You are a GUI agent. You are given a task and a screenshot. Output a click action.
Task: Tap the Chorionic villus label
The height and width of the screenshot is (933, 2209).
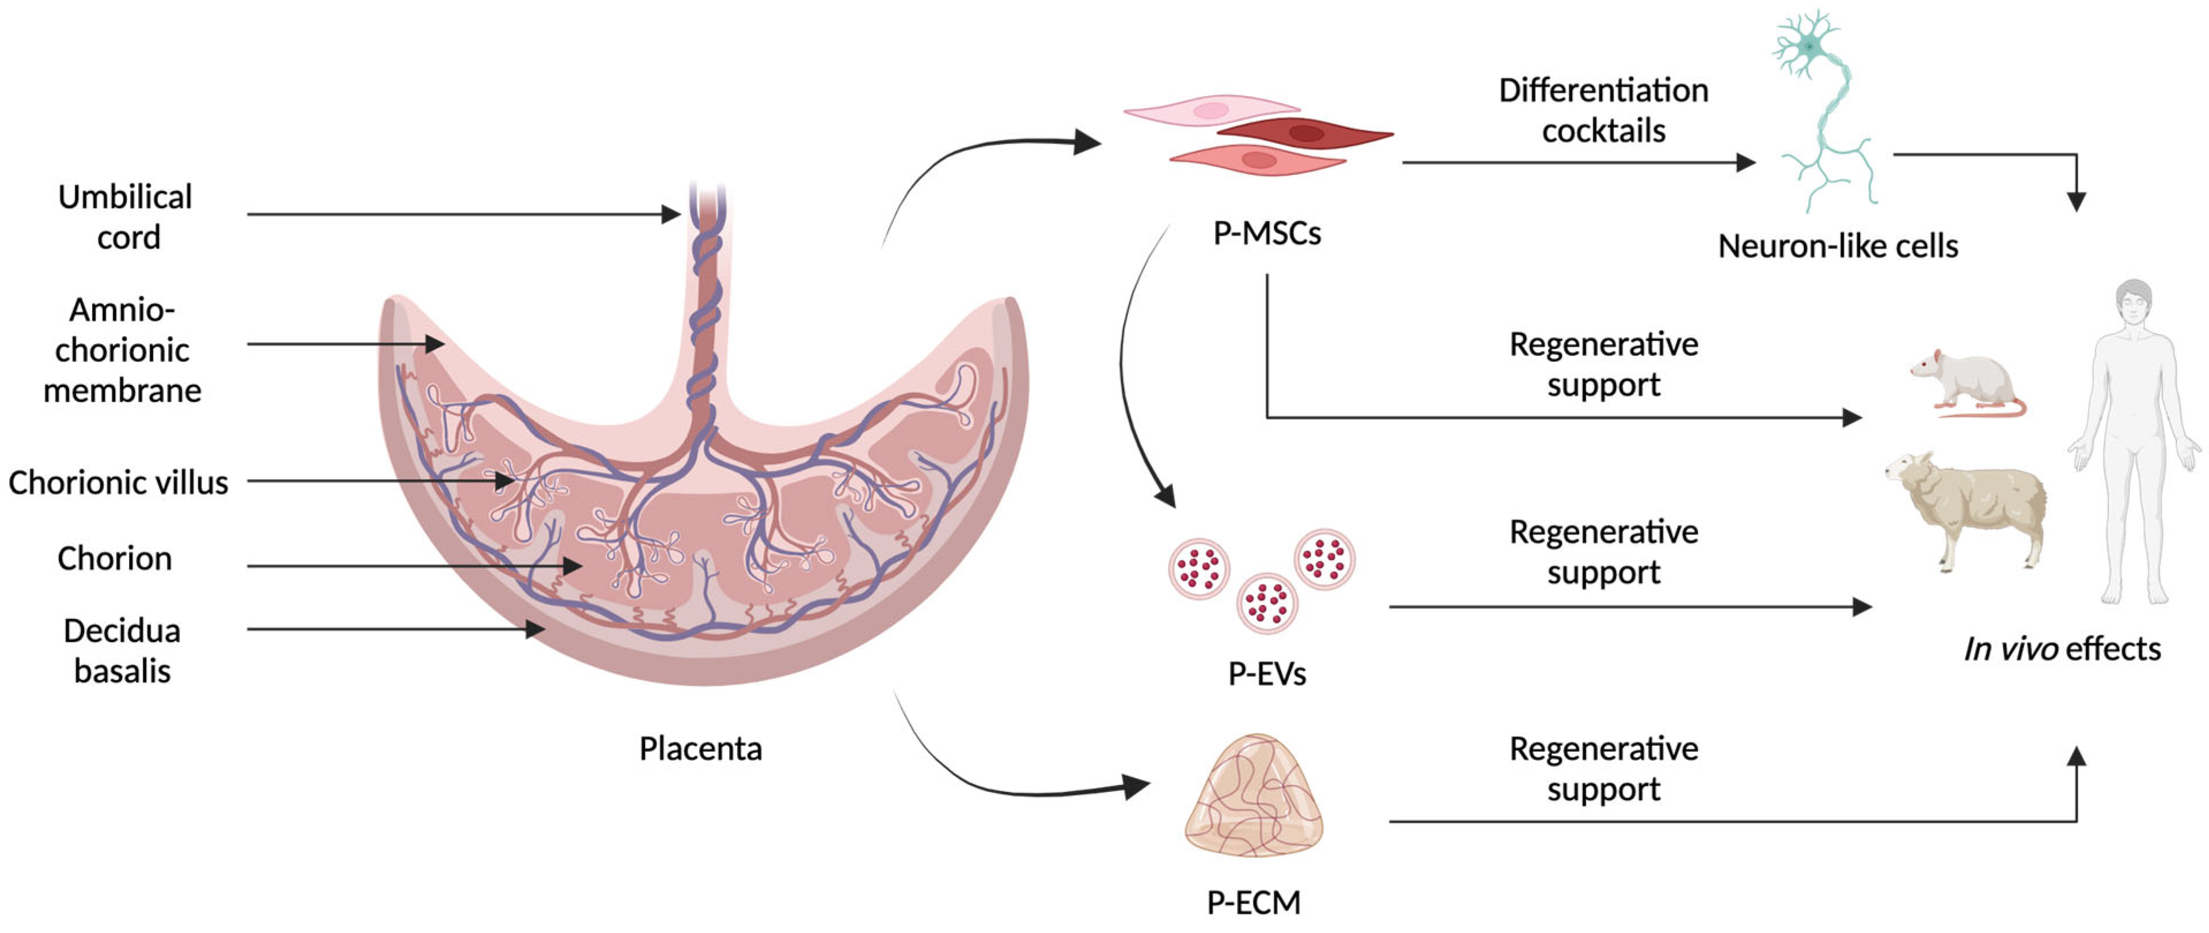(x=119, y=483)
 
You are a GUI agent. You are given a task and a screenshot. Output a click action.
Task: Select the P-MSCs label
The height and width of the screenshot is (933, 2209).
(x=1266, y=233)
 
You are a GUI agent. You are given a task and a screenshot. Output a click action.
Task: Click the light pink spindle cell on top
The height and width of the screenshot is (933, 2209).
(x=1211, y=111)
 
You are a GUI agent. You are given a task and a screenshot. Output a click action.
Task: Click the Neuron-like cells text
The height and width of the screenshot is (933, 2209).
(x=1837, y=246)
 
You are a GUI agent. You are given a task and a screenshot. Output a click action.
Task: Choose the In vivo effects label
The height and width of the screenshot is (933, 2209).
(x=2062, y=648)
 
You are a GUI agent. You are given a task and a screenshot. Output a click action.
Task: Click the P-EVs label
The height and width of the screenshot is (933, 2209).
(x=1266, y=674)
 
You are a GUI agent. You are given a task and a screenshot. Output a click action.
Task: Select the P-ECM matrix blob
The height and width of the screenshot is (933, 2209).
(x=1253, y=799)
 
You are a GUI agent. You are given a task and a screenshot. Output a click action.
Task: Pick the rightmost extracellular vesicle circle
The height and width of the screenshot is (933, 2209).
(x=1323, y=558)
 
